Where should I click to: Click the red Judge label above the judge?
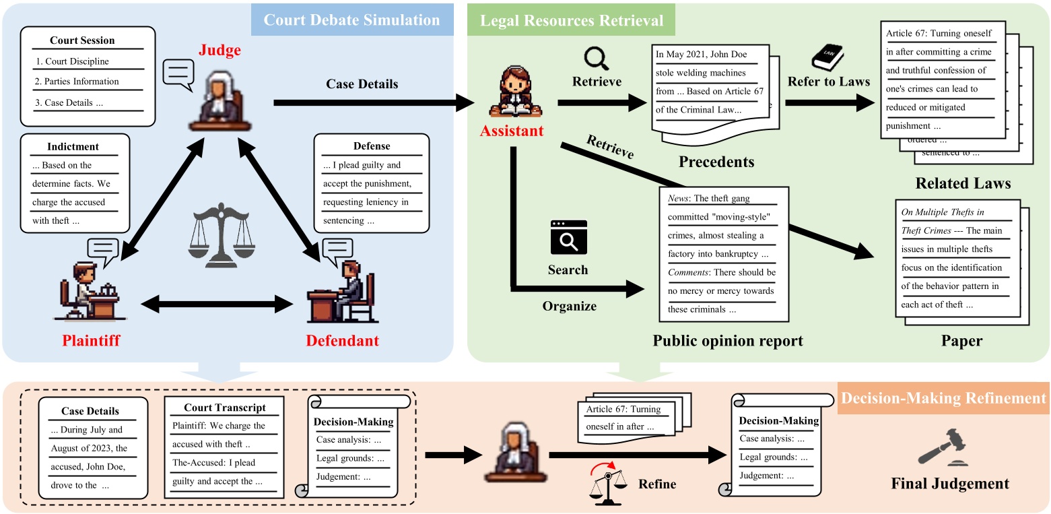pyautogui.click(x=219, y=51)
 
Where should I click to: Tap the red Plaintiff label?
pyautogui.click(x=91, y=340)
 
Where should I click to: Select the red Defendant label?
pyautogui.click(x=342, y=340)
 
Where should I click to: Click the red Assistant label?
pyautogui.click(x=512, y=130)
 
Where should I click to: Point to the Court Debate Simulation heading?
pyautogui.click(x=351, y=20)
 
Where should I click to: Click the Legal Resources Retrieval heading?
pyautogui.click(x=571, y=20)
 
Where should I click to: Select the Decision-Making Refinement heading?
pyautogui.click(x=943, y=398)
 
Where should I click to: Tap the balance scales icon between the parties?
pyautogui.click(x=219, y=229)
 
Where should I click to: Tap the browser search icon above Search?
pyautogui.click(x=568, y=237)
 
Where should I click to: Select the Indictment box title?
pyautogui.click(x=74, y=146)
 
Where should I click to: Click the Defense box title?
pyautogui.click(x=371, y=146)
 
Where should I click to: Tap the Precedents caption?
pyautogui.click(x=716, y=162)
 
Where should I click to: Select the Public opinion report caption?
pyautogui.click(x=728, y=340)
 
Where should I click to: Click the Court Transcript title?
pyautogui.click(x=224, y=408)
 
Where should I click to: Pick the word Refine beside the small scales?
pyautogui.click(x=658, y=484)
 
